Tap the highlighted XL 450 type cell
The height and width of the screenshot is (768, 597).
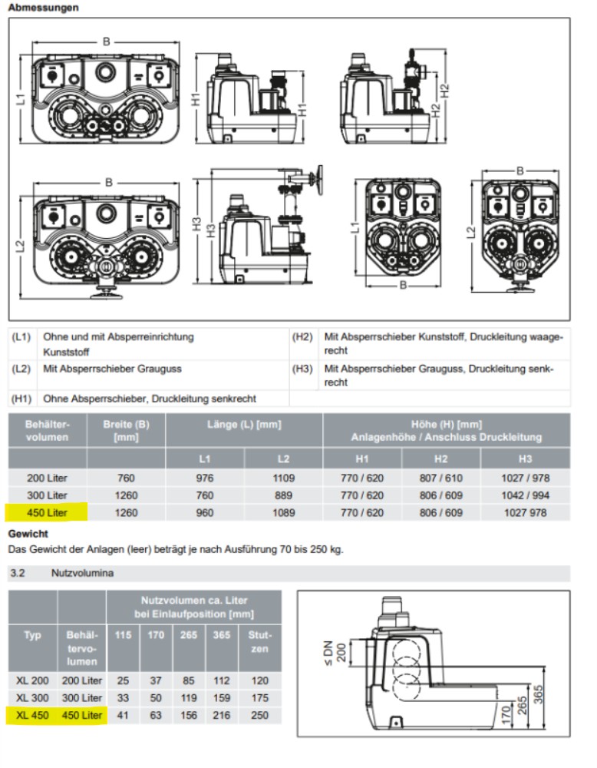pos(31,715)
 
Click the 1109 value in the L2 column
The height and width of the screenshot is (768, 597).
pos(283,478)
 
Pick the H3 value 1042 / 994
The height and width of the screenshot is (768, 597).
pos(525,495)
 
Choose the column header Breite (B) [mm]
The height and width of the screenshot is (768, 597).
pos(126,431)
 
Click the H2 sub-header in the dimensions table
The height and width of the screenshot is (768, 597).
pos(440,458)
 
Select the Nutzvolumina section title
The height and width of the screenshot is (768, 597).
pos(77,573)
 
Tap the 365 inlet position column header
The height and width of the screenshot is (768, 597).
pos(221,635)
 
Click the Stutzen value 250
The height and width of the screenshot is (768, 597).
pos(260,715)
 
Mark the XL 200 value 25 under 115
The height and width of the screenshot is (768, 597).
pos(123,680)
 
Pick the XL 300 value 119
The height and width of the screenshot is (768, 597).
pos(189,697)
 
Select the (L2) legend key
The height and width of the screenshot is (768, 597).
pos(21,369)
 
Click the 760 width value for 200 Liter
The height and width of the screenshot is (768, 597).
pos(126,478)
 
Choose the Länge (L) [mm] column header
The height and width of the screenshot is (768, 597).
pos(244,425)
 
